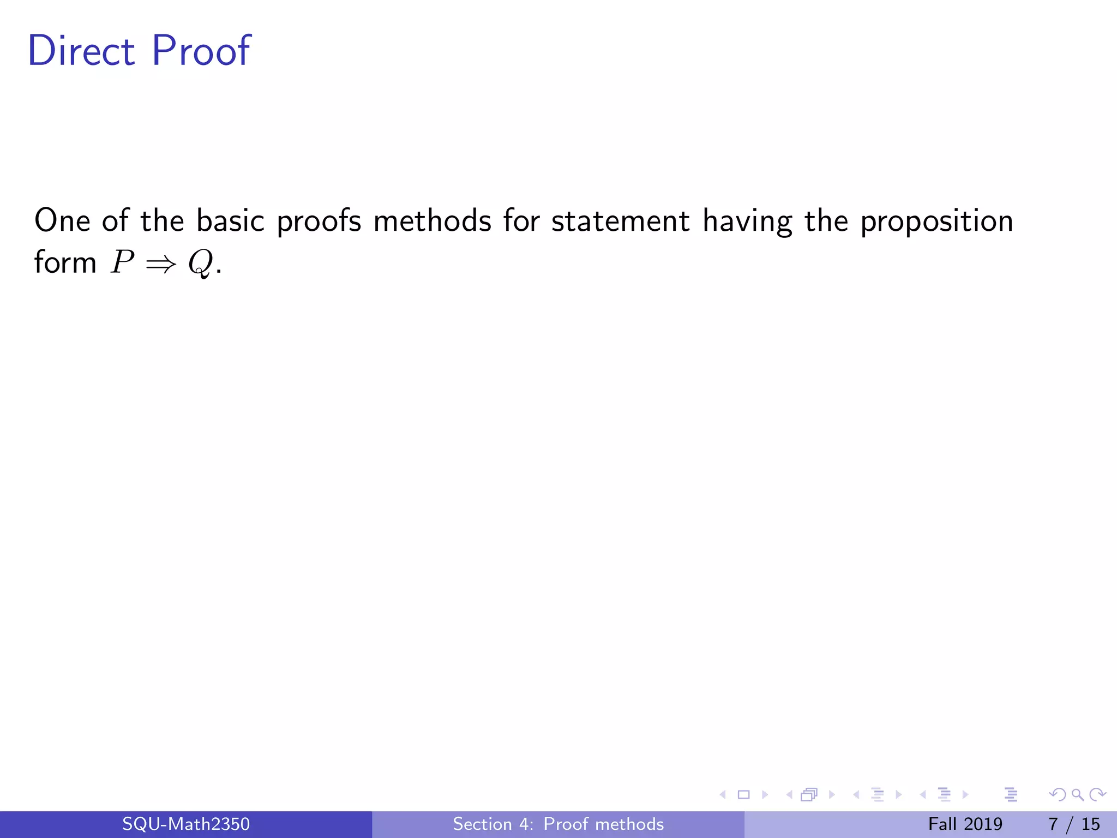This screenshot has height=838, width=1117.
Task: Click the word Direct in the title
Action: [x=81, y=51]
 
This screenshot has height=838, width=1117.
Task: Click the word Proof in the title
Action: [x=201, y=51]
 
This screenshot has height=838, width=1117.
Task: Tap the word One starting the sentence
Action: [x=62, y=221]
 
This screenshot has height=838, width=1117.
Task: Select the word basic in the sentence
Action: [x=230, y=221]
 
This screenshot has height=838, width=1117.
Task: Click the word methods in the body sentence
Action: [x=433, y=221]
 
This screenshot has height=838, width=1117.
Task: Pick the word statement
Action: [x=620, y=221]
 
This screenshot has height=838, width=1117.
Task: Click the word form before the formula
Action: [x=65, y=262]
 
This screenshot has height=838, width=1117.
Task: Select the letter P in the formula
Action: [x=122, y=263]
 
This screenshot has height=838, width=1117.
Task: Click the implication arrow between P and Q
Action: [x=161, y=264]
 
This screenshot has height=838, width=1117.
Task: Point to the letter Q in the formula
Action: [x=200, y=264]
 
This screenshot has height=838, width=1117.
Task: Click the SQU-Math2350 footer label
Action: [x=186, y=824]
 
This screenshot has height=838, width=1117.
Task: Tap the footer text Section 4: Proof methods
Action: [x=558, y=824]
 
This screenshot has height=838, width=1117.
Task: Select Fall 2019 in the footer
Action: [x=965, y=824]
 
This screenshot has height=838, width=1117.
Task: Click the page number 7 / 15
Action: [x=1074, y=824]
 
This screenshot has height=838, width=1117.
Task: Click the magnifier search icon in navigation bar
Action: [x=1077, y=795]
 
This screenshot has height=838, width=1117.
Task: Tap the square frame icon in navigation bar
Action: [x=743, y=795]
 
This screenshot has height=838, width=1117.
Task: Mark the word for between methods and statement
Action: [x=521, y=221]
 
